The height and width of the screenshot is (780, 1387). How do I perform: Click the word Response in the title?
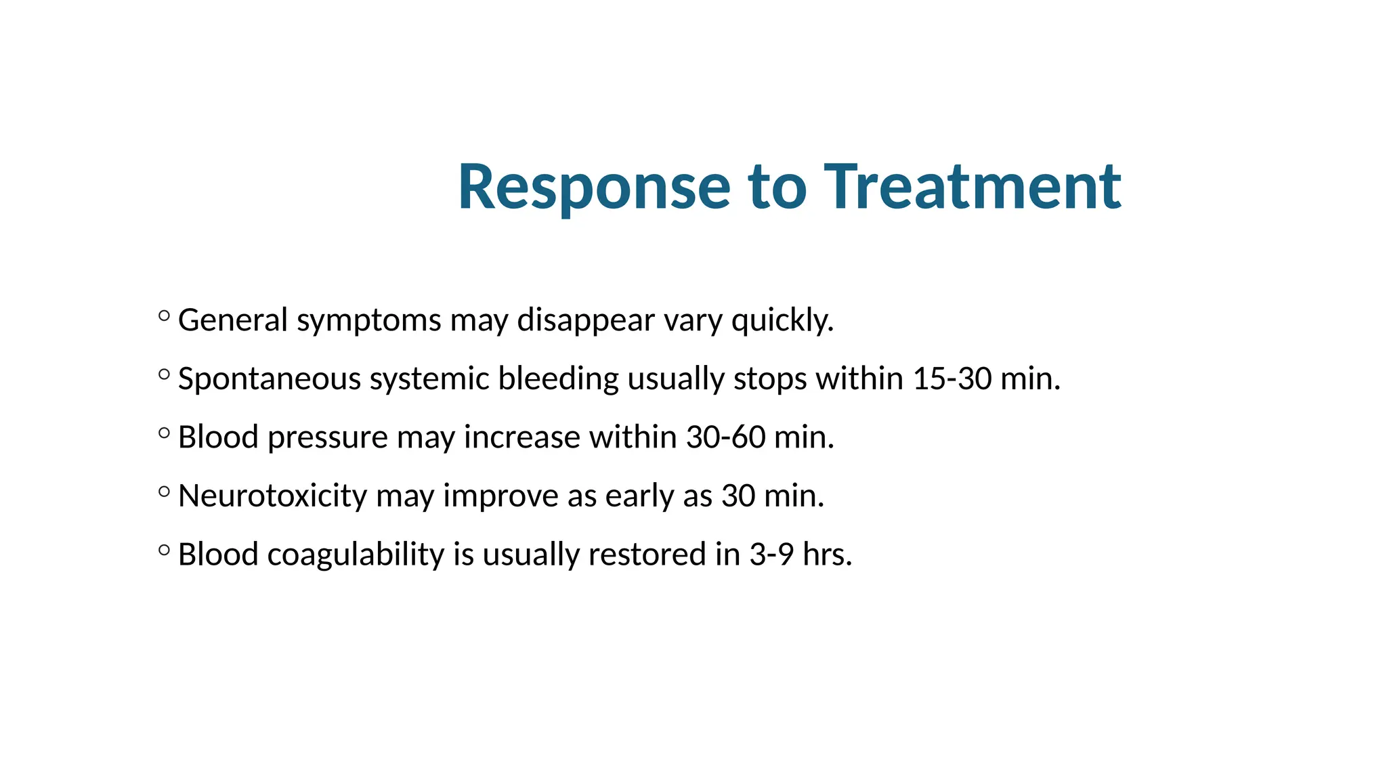[594, 188]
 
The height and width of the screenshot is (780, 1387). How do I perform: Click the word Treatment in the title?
[973, 188]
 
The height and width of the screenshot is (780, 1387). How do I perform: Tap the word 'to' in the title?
[777, 188]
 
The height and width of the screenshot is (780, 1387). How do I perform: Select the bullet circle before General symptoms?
[164, 315]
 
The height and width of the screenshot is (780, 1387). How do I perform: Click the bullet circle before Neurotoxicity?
[164, 491]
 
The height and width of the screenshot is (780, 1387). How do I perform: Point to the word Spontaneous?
[269, 378]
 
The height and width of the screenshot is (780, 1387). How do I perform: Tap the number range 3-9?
[771, 555]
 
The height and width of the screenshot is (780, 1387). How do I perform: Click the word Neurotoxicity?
[272, 496]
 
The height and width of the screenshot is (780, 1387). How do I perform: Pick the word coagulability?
[356, 555]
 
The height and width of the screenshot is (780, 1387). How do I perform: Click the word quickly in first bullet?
[782, 320]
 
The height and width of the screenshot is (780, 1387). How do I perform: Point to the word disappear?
[586, 320]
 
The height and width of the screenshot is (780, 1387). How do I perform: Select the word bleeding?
[558, 378]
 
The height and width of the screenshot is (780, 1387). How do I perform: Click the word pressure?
[327, 437]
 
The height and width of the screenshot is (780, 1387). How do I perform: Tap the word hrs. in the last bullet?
[827, 555]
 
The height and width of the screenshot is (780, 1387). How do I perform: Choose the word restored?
[647, 555]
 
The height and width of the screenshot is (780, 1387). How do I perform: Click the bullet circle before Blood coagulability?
[164, 550]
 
